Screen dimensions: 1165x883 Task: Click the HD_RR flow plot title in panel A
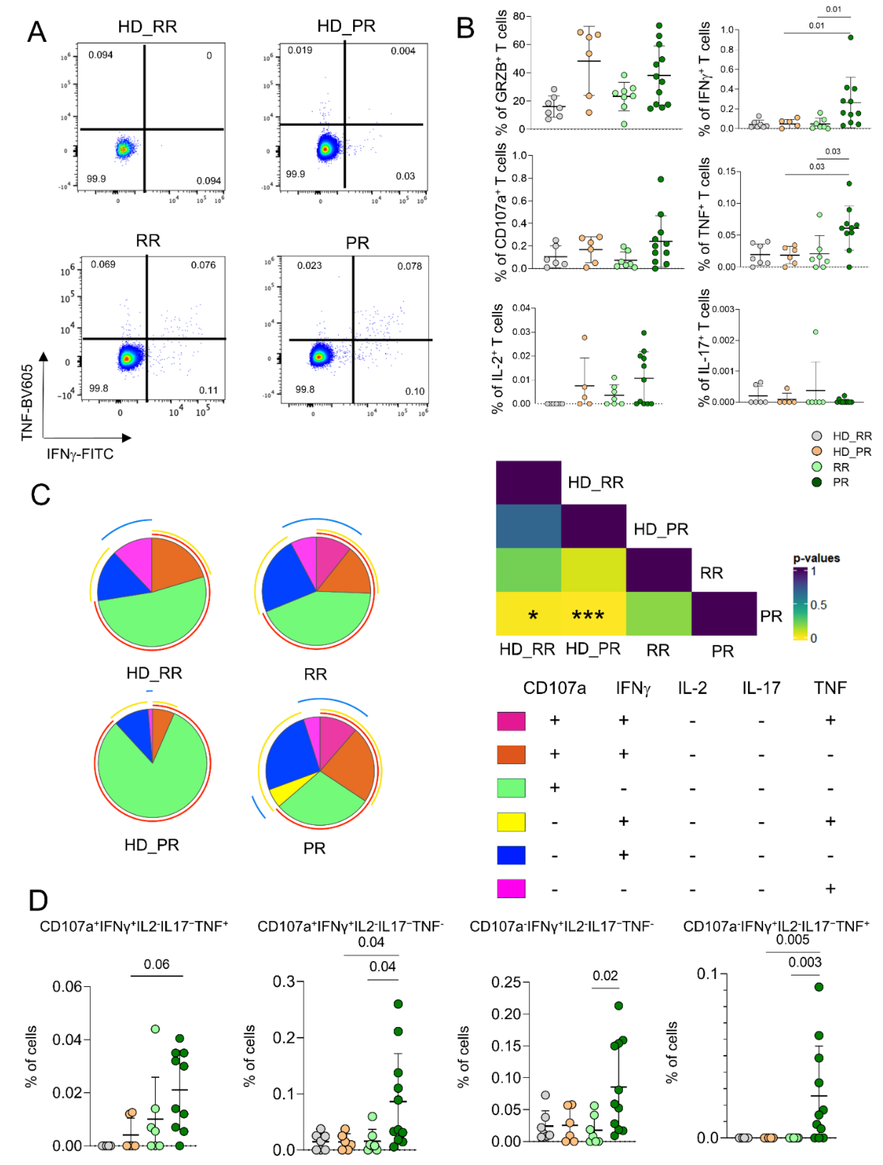pyautogui.click(x=147, y=26)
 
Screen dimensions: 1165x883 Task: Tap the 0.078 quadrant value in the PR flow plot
pyautogui.click(x=409, y=266)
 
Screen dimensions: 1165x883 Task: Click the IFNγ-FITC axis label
pyautogui.click(x=80, y=454)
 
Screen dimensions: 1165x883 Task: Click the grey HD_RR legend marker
pyautogui.click(x=817, y=436)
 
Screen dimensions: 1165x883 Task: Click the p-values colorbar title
pyautogui.click(x=816, y=558)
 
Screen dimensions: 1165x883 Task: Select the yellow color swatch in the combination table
pyautogui.click(x=511, y=822)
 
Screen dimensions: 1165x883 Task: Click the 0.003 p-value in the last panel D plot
pyautogui.click(x=805, y=962)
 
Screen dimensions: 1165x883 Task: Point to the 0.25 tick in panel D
pyautogui.click(x=506, y=982)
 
